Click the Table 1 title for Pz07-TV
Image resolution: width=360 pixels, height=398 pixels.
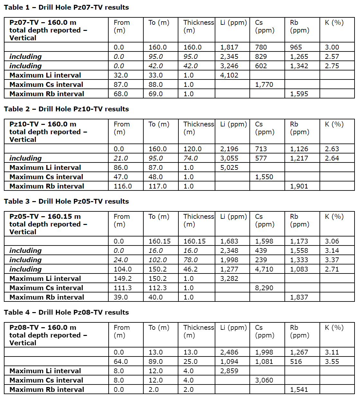(x=66, y=7)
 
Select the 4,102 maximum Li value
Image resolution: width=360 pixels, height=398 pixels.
(x=229, y=75)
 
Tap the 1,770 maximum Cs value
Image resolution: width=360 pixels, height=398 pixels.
(x=264, y=85)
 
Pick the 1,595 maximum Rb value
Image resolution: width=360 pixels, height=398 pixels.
(x=299, y=94)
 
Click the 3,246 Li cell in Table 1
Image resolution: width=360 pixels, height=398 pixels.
(x=229, y=66)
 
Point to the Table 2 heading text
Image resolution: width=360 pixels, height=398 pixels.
(x=66, y=109)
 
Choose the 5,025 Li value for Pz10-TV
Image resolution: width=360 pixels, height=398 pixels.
(x=229, y=168)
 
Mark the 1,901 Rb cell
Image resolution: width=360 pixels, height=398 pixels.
(x=299, y=186)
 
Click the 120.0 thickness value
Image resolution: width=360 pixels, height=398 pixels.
(x=192, y=149)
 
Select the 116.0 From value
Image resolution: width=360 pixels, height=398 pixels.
(x=122, y=186)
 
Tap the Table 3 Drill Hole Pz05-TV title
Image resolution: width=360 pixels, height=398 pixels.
(x=66, y=201)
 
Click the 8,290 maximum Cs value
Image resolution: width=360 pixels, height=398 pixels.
(x=264, y=288)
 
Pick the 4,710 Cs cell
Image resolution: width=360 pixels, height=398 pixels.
(x=264, y=269)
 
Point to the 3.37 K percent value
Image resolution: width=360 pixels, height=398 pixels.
(x=332, y=260)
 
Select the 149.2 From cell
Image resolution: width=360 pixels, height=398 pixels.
(x=122, y=279)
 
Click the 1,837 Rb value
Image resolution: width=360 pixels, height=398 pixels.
(x=299, y=297)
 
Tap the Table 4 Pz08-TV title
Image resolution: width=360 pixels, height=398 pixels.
(x=66, y=312)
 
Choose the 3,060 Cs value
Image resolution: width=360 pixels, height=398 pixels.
(x=264, y=380)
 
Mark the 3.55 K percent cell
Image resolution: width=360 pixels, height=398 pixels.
(x=332, y=362)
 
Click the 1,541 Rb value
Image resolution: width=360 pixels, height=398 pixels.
(x=299, y=390)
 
